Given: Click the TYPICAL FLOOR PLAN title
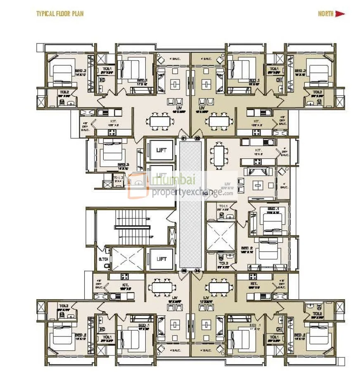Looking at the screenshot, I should coord(60,14).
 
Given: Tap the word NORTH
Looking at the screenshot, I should coord(325,14).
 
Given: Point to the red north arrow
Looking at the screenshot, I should coord(340,14).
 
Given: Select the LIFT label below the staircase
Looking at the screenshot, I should coord(161,259).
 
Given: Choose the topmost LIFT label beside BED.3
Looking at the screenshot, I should coord(161,150).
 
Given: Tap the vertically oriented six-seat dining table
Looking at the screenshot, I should coord(219,154).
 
